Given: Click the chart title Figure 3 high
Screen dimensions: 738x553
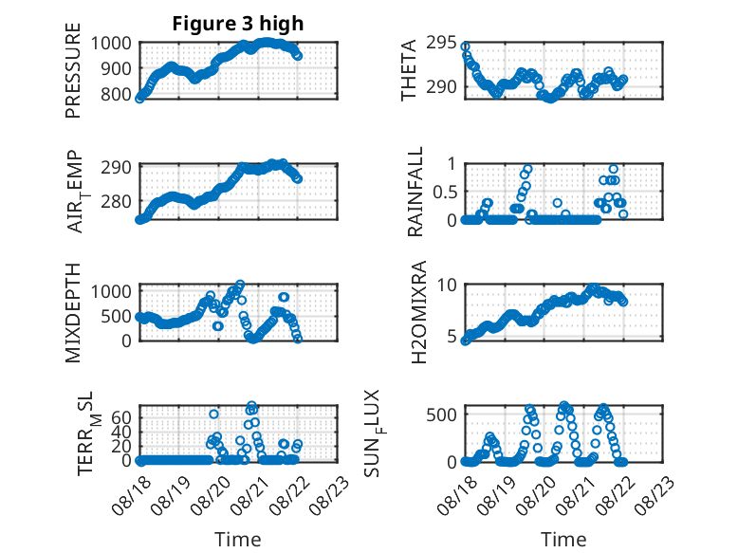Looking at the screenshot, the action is point(238,24).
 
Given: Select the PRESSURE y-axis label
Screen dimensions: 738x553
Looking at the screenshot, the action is point(73,70).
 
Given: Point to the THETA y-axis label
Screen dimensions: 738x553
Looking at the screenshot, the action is point(409,70).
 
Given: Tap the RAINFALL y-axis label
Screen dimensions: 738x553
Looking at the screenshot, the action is point(415,192).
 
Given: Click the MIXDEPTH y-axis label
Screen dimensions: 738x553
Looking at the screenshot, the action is point(73,313).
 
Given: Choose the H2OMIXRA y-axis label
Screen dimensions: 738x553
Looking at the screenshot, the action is point(418,312).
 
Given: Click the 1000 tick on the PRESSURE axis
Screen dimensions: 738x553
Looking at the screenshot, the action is point(111,44).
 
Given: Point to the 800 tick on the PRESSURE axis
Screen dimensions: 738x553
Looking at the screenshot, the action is point(117,94).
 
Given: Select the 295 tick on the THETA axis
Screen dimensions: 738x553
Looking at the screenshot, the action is point(441,43).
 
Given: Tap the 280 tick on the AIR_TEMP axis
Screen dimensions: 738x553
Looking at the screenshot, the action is point(117,201).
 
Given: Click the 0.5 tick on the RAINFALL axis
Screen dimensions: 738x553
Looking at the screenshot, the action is point(444,192).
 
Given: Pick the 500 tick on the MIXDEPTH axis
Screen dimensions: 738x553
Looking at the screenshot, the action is point(117,316).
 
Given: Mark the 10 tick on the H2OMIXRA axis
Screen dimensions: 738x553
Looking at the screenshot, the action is point(447,285).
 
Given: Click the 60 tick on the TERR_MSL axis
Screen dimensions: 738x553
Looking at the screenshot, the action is point(121,417).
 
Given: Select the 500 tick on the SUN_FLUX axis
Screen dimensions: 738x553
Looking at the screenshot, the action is point(441,415).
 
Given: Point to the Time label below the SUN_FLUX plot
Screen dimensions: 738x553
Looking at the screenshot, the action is point(563,540).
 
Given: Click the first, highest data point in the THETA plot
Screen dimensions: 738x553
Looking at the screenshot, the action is point(465,46).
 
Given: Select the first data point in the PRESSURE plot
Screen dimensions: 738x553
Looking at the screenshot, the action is point(139,99).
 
